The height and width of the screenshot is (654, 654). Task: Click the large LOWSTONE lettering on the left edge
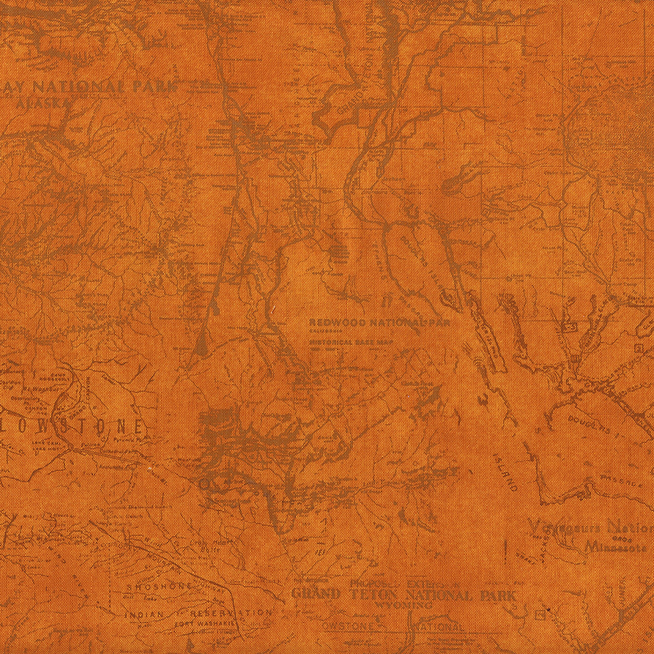click(x=73, y=426)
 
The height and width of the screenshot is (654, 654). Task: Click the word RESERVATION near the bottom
click(x=231, y=612)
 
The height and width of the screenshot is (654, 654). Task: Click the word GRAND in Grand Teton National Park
click(x=316, y=595)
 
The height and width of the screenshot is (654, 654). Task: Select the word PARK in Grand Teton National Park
click(x=499, y=595)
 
